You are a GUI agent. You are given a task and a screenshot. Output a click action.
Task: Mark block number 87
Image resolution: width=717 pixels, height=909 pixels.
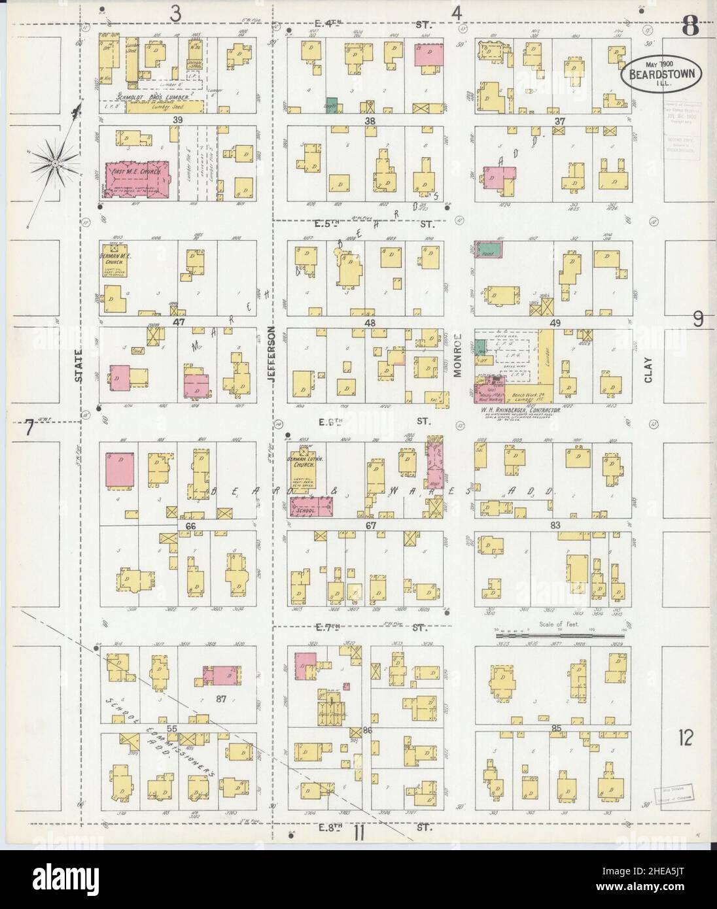(220, 699)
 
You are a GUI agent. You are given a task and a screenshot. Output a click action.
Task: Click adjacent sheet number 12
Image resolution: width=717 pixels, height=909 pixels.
(686, 740)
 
